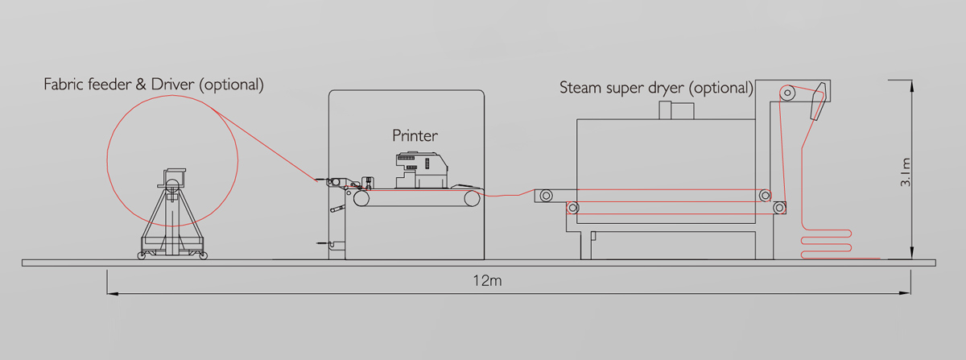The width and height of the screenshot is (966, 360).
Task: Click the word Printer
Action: [415, 135]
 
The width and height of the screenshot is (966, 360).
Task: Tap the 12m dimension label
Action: [487, 281]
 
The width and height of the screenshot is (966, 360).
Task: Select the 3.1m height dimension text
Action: [906, 172]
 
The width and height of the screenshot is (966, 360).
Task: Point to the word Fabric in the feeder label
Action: [64, 85]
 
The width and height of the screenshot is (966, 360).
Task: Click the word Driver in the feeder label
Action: [172, 85]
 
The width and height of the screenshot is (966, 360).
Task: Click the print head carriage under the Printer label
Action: [421, 170]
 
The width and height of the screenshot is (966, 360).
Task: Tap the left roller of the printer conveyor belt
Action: [361, 199]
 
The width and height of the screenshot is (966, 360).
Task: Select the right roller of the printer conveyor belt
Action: [473, 199]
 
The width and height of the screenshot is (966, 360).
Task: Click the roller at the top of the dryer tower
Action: [787, 93]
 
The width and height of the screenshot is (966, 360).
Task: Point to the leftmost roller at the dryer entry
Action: [547, 196]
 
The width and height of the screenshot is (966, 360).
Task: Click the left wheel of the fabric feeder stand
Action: [141, 255]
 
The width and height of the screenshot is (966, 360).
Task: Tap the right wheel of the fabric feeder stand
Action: [204, 255]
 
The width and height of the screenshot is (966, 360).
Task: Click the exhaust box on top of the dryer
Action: [676, 110]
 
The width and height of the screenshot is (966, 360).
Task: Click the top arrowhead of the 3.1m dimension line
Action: [911, 85]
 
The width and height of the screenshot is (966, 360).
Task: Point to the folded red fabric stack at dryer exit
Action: [826, 244]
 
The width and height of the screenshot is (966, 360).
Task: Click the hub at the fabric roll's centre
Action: [172, 186]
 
